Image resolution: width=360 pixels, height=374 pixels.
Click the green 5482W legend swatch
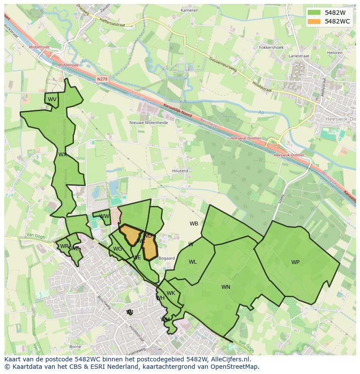point(313,13)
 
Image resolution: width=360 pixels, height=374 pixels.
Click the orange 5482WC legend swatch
point(313,21)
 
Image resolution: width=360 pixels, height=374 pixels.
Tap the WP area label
point(295,262)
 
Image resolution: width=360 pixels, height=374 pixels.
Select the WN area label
point(226,287)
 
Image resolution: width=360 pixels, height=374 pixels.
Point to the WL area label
point(193,262)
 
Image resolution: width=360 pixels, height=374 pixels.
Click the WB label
point(194,224)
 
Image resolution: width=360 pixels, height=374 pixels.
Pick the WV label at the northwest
point(52,99)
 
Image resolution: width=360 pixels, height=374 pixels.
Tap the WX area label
point(63,155)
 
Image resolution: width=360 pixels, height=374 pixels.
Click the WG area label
point(117,249)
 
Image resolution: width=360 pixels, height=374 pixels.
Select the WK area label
point(171,293)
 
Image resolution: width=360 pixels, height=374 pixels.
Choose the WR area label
point(64,246)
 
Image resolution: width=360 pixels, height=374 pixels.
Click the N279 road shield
point(102,79)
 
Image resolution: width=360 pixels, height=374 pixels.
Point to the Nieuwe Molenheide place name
point(149,123)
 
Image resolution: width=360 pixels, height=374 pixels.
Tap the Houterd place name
point(180,171)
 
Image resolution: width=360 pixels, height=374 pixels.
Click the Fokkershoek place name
point(271,47)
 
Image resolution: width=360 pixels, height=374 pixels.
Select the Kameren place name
point(189,10)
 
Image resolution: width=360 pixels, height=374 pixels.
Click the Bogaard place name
point(167,258)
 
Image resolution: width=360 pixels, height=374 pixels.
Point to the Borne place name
point(75,347)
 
